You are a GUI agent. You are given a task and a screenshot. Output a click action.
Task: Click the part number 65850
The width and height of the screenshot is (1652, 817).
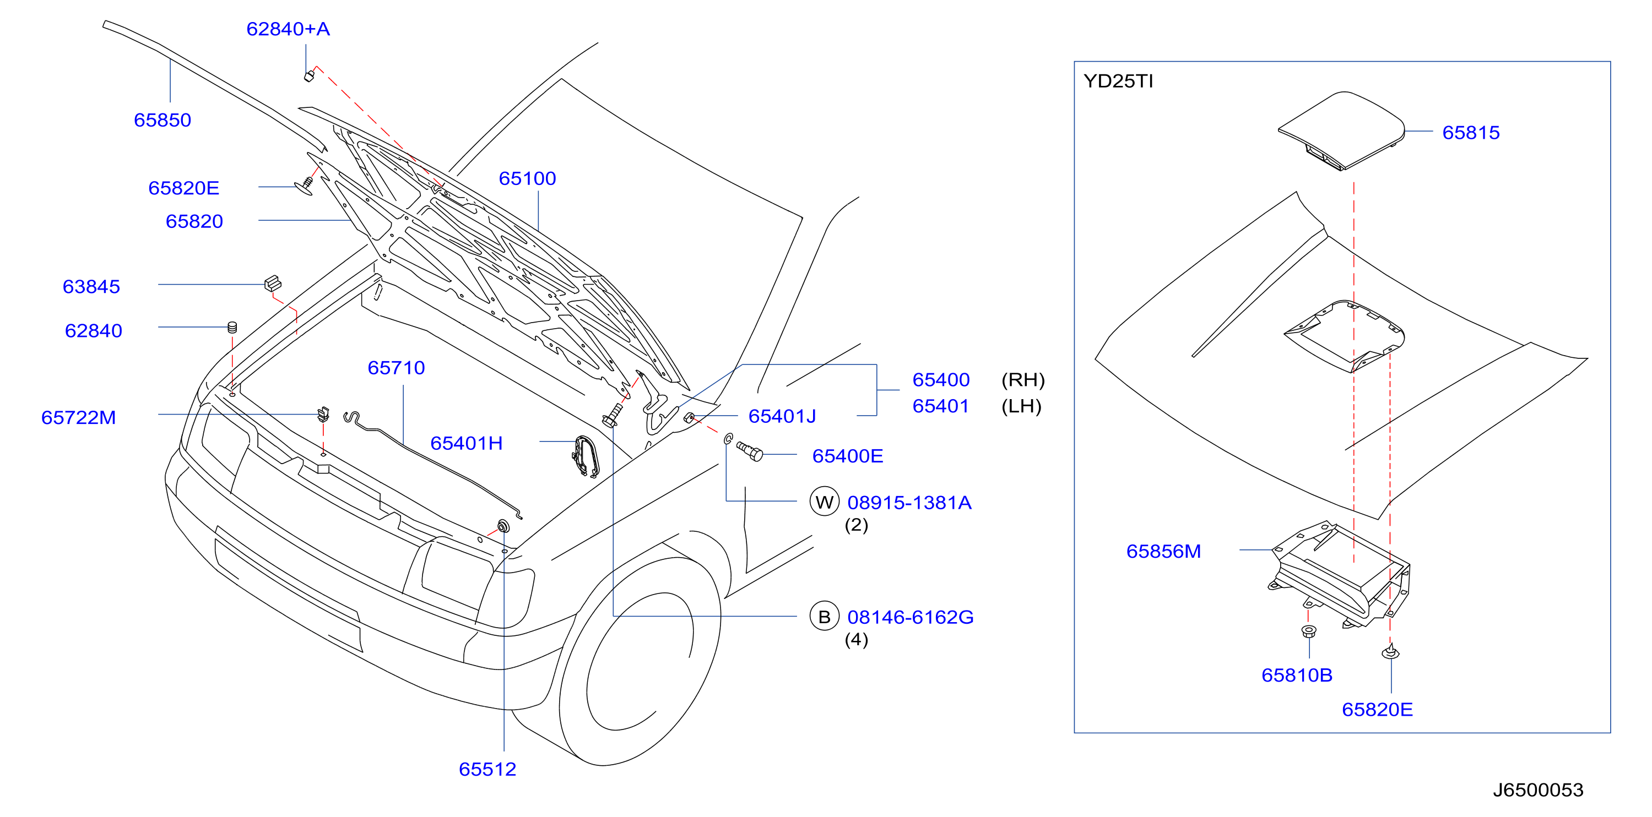pyautogui.click(x=163, y=121)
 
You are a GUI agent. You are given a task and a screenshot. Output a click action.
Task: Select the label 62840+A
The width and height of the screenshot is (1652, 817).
pyautogui.click(x=288, y=30)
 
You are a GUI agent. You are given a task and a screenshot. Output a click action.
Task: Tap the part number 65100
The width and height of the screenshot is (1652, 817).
pyautogui.click(x=527, y=179)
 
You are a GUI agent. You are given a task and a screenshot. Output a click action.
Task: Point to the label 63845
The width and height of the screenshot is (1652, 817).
pyautogui.click(x=91, y=286)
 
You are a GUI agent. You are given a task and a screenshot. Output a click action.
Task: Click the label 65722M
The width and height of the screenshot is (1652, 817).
pyautogui.click(x=78, y=418)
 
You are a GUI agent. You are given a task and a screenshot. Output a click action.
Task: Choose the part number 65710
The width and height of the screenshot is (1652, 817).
pyautogui.click(x=396, y=368)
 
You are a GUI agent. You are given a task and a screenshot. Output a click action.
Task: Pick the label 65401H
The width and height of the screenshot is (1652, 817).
pyautogui.click(x=466, y=443)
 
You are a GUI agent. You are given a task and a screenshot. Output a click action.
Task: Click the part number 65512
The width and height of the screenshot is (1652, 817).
pyautogui.click(x=488, y=770)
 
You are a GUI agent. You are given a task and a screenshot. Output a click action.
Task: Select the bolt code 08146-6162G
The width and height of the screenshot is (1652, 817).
pyautogui.click(x=910, y=618)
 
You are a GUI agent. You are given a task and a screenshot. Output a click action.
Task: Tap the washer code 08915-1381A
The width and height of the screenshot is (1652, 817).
pyautogui.click(x=909, y=503)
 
